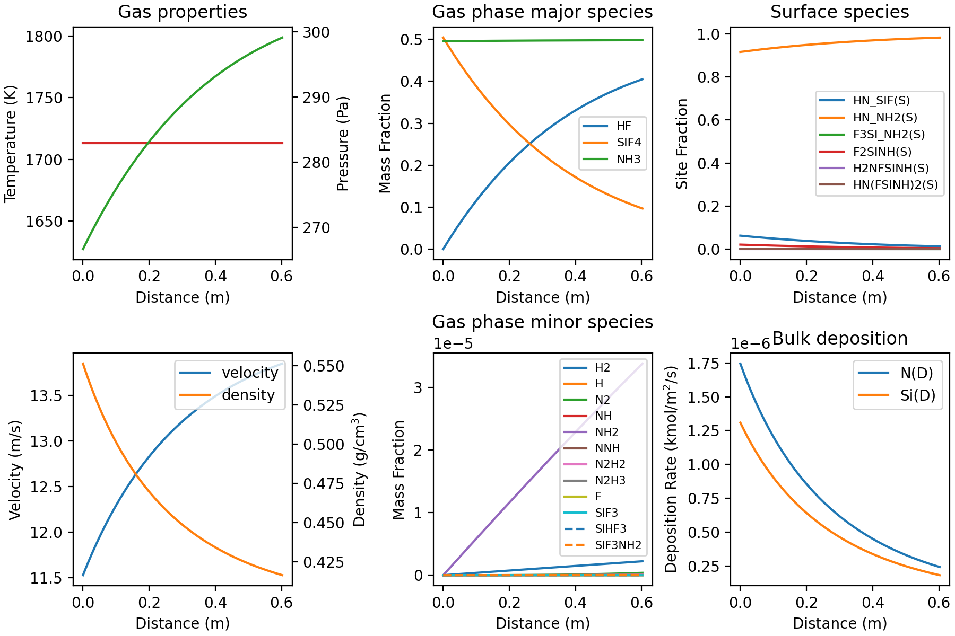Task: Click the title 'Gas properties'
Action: tap(182, 12)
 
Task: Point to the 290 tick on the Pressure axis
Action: tap(317, 98)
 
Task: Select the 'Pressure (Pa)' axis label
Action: tap(343, 144)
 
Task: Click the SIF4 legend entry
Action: tap(628, 143)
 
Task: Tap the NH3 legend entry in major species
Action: tap(628, 160)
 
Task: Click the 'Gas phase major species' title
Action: tap(542, 12)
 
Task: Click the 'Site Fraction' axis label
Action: tap(682, 144)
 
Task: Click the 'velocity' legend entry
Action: tap(249, 373)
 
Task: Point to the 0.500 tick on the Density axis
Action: tap(324, 445)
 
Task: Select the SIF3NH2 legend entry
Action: tap(618, 545)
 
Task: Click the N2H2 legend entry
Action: tap(610, 465)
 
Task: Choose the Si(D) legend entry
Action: tap(917, 396)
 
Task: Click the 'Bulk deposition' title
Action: tap(839, 338)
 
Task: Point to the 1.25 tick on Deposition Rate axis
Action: tap(704, 431)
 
